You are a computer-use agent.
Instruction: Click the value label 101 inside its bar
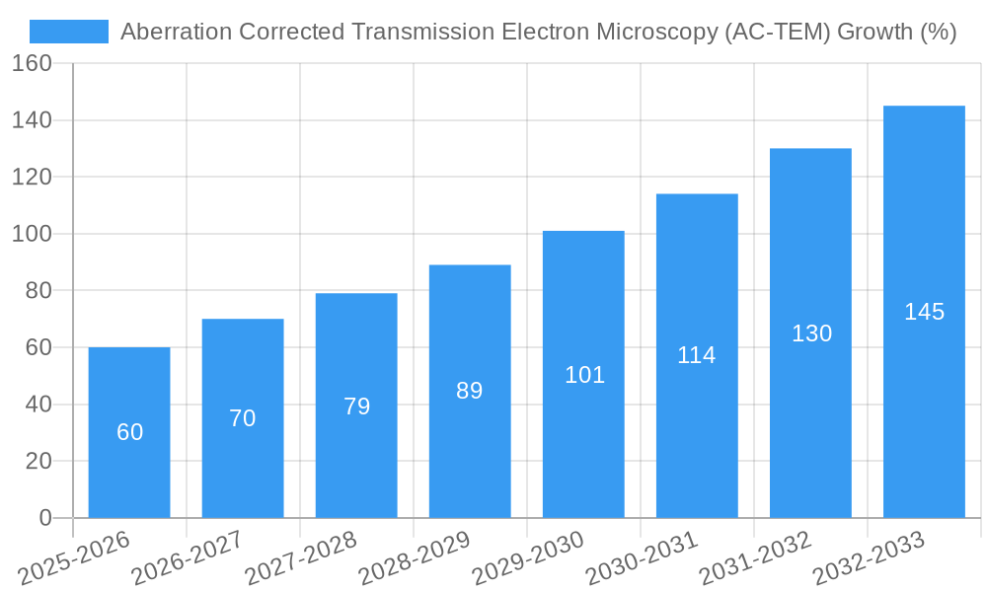(584, 375)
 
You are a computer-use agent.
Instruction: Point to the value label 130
(811, 333)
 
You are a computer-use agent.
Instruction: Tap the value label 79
(356, 407)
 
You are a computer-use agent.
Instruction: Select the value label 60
(129, 432)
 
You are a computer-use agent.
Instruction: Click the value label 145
(924, 312)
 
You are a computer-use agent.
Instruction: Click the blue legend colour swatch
(69, 32)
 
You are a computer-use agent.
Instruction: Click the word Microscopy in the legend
(662, 32)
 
